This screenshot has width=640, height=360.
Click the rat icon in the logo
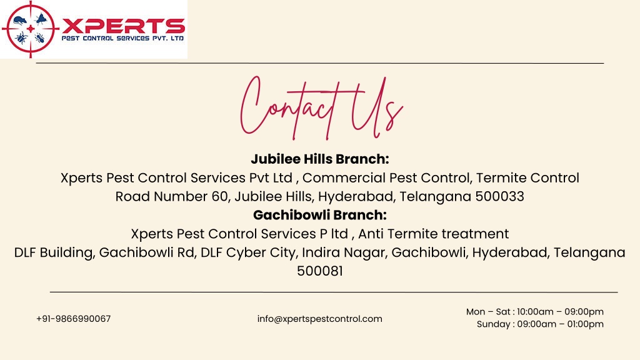[x=20, y=20]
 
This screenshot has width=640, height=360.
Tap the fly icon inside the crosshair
[x=41, y=19]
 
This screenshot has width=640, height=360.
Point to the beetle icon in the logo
[x=21, y=38]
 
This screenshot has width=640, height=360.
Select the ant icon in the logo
[x=39, y=38]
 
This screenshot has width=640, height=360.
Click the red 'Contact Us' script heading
[x=322, y=107]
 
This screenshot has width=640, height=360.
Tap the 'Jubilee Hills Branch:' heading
[x=320, y=159]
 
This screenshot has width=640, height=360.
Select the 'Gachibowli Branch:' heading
[x=320, y=215]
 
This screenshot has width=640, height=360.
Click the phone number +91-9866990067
[x=74, y=319]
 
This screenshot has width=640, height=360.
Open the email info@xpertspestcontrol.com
[x=319, y=319]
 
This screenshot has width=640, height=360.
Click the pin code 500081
[x=320, y=271]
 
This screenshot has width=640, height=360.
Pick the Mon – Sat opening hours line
[x=535, y=311]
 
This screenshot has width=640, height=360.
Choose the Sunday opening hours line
[x=540, y=324]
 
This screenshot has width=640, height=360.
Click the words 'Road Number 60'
[x=171, y=196]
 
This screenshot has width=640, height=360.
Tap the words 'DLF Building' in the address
[x=54, y=252]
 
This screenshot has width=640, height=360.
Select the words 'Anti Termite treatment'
[x=434, y=234]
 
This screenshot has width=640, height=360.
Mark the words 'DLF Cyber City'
[x=247, y=252]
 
